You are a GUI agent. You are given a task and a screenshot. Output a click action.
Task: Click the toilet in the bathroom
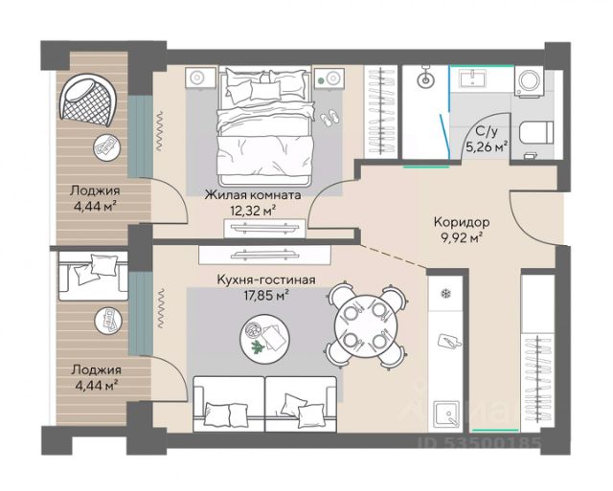coord(536,132)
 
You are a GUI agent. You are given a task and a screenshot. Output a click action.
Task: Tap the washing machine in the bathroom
coord(528,81)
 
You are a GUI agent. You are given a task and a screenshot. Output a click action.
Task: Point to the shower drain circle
coord(425,80)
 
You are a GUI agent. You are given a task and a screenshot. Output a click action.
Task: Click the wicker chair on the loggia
coord(87,100)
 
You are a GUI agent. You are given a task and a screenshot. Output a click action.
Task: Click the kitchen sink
coord(447,414)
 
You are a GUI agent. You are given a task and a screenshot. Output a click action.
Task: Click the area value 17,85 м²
coord(266,296)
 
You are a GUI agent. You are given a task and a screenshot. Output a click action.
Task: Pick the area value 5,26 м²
coord(488,147)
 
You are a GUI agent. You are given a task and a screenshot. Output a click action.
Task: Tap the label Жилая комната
coord(253,194)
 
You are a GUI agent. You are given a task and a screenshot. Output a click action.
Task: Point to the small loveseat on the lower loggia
coord(93,276)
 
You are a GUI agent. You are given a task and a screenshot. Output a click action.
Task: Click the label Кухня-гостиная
coord(266,279)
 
